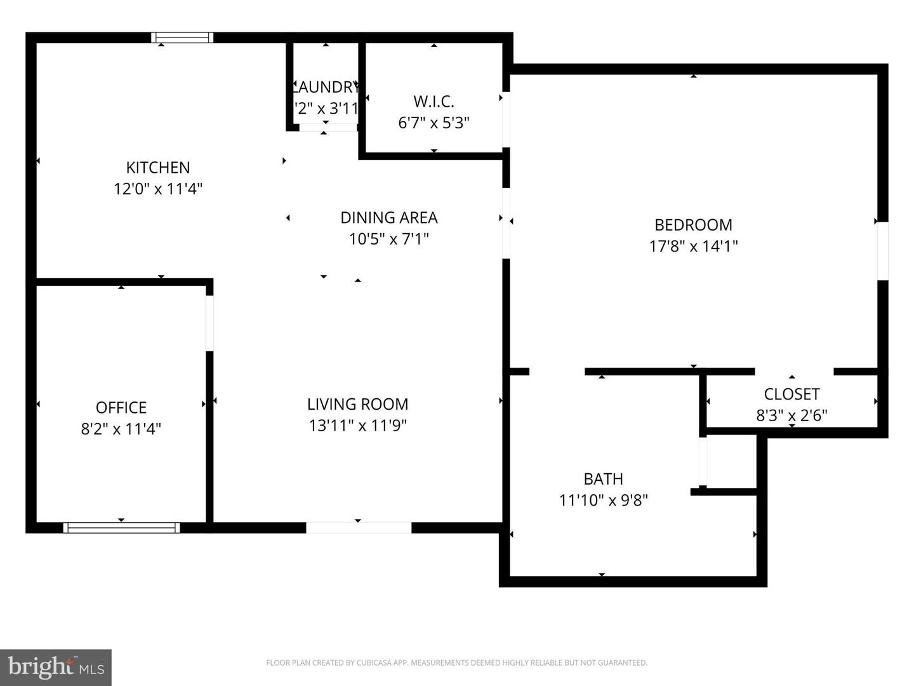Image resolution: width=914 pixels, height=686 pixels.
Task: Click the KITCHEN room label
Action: tap(157, 168)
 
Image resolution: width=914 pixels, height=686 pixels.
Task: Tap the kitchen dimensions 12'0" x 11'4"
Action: tap(157, 189)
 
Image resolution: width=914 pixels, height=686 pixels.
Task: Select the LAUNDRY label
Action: tap(326, 87)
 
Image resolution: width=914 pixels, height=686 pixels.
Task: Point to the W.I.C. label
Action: tap(434, 102)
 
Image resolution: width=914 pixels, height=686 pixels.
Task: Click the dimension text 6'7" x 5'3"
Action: tap(434, 123)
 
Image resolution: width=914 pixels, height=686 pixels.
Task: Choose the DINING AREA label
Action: tap(388, 218)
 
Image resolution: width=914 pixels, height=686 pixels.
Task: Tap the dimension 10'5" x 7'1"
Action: tap(388, 239)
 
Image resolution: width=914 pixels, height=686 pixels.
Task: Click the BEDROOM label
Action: tap(693, 225)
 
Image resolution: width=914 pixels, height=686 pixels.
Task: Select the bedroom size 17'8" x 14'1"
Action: tap(693, 246)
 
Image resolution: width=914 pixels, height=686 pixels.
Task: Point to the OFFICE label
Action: tap(121, 408)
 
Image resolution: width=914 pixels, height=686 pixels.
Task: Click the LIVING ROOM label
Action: tap(357, 404)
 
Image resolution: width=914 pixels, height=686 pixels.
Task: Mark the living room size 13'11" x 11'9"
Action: tap(357, 425)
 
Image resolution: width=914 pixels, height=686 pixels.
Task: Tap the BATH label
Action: tap(603, 479)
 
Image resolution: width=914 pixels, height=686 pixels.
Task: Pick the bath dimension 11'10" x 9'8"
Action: tap(603, 500)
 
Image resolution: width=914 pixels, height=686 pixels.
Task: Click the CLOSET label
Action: tap(791, 394)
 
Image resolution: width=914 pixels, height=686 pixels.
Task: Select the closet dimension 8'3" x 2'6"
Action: tap(791, 415)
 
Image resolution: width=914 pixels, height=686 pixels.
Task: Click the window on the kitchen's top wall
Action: tap(182, 37)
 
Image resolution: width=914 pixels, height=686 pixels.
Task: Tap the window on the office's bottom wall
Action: tap(121, 527)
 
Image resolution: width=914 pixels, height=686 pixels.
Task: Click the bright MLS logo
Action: tap(56, 667)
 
